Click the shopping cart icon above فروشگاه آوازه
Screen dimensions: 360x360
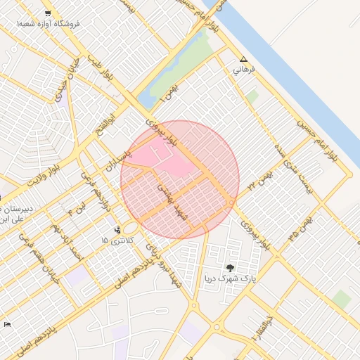(x=47, y=13)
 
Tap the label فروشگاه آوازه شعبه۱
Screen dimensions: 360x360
(x=50, y=24)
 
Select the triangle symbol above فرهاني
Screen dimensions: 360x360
(x=243, y=60)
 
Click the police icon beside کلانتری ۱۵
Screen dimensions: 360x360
(x=117, y=229)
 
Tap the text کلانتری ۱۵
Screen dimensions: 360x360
(x=115, y=241)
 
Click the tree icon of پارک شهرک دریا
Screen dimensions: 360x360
(x=231, y=267)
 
